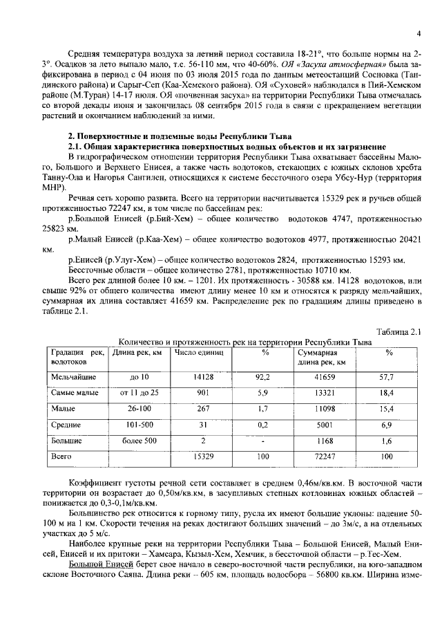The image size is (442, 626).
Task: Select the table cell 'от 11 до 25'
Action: point(140,393)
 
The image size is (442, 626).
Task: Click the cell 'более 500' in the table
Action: point(140,441)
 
